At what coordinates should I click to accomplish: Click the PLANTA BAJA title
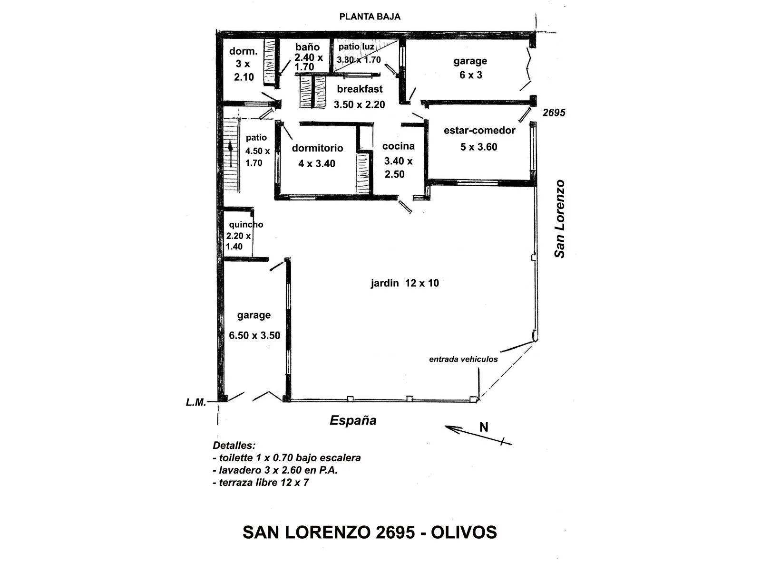[x=370, y=17]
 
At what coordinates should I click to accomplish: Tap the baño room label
[x=307, y=47]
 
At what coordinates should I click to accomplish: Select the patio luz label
[x=356, y=47]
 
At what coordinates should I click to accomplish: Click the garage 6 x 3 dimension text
[x=470, y=75]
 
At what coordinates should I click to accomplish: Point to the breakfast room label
[x=360, y=89]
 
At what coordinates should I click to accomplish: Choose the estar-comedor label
[x=479, y=131]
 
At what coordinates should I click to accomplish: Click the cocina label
[x=399, y=146]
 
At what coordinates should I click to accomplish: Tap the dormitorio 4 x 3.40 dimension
[x=317, y=163]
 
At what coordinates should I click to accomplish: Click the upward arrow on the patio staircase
[x=231, y=154]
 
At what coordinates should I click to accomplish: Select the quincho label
[x=246, y=225]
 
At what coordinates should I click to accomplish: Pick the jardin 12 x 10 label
[x=405, y=283]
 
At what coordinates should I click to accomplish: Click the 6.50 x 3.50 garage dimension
[x=254, y=335]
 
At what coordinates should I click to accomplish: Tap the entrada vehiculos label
[x=463, y=359]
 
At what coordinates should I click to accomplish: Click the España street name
[x=353, y=420]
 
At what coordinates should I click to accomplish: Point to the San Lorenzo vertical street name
[x=559, y=218]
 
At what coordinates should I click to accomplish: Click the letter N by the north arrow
[x=484, y=427]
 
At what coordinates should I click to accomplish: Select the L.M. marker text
[x=196, y=402]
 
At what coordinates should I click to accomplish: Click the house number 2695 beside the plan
[x=554, y=113]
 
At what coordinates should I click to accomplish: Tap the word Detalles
[x=234, y=445]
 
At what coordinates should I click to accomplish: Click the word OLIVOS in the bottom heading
[x=464, y=532]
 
